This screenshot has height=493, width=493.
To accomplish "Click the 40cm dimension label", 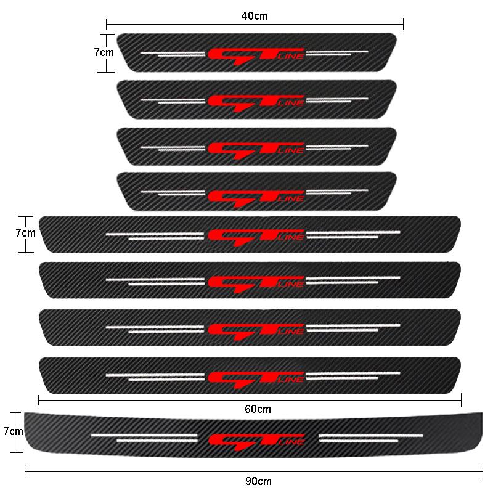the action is coord(255,14).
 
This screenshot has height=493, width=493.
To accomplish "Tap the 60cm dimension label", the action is coord(258,409).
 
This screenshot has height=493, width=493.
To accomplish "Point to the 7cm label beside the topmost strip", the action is coord(104,52).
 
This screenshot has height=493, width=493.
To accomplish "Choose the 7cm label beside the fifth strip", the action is coord(25,234).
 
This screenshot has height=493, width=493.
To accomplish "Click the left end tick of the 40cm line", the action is coord(107,24).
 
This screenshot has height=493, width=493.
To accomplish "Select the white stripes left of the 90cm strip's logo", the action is coord(144,438).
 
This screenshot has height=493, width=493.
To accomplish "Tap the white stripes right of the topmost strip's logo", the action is coord(336,53).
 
